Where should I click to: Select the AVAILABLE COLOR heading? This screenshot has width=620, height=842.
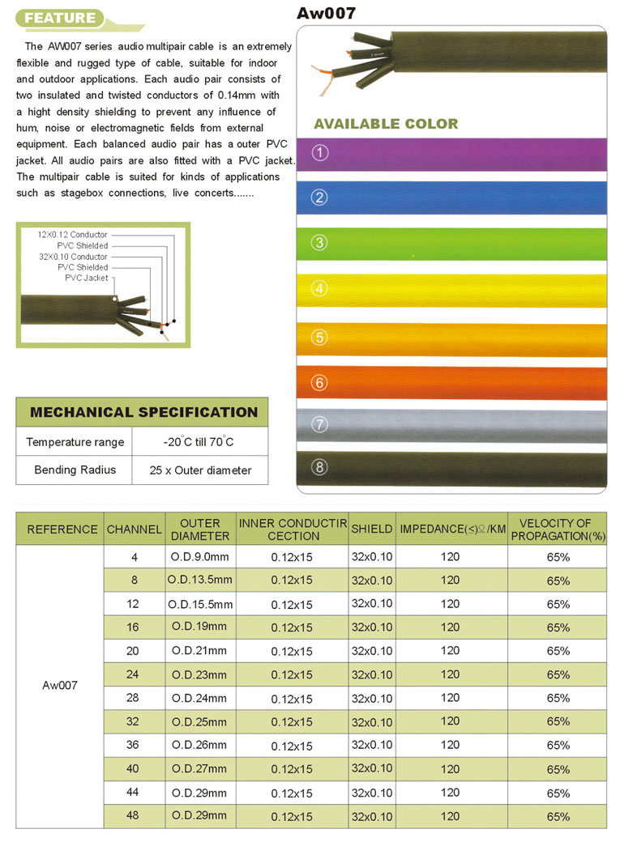click(x=386, y=124)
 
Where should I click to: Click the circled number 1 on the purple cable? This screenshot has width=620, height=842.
click(x=320, y=153)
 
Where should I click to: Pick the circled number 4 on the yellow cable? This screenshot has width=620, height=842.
click(x=320, y=288)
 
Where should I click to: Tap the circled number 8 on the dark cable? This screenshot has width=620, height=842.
click(x=320, y=467)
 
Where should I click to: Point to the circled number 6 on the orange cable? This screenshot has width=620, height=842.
click(x=320, y=382)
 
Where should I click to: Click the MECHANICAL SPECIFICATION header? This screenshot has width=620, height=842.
click(x=143, y=412)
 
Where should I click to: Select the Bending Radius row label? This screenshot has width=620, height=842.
click(x=75, y=470)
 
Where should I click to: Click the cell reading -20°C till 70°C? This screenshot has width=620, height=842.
click(x=199, y=442)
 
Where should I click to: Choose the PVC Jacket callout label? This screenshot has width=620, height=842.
click(x=86, y=278)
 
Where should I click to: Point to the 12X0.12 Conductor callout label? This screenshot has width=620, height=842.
click(x=72, y=235)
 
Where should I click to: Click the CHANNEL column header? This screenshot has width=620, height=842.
click(x=135, y=529)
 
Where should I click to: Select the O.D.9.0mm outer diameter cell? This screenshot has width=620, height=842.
click(x=199, y=557)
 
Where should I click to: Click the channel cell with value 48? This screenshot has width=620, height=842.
click(x=133, y=815)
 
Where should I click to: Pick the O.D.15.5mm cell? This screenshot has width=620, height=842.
click(x=199, y=604)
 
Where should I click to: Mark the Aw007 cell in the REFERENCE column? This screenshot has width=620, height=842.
click(x=60, y=686)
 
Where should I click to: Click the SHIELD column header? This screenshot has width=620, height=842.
click(x=372, y=529)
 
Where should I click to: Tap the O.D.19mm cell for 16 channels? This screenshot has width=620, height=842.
click(x=199, y=627)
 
